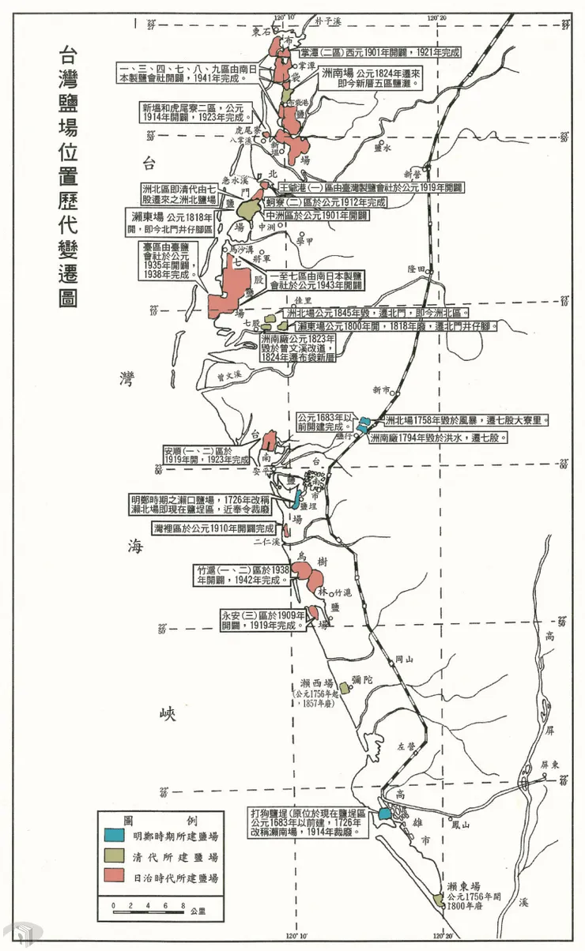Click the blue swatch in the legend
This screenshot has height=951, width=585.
tap(116, 835)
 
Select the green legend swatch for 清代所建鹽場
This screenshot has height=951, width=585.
tap(116, 856)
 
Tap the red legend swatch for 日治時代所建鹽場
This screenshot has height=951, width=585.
tap(116, 878)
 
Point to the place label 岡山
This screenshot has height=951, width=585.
tap(403, 658)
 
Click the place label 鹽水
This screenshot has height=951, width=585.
tap(383, 147)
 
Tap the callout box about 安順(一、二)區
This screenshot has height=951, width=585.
tap(206, 455)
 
